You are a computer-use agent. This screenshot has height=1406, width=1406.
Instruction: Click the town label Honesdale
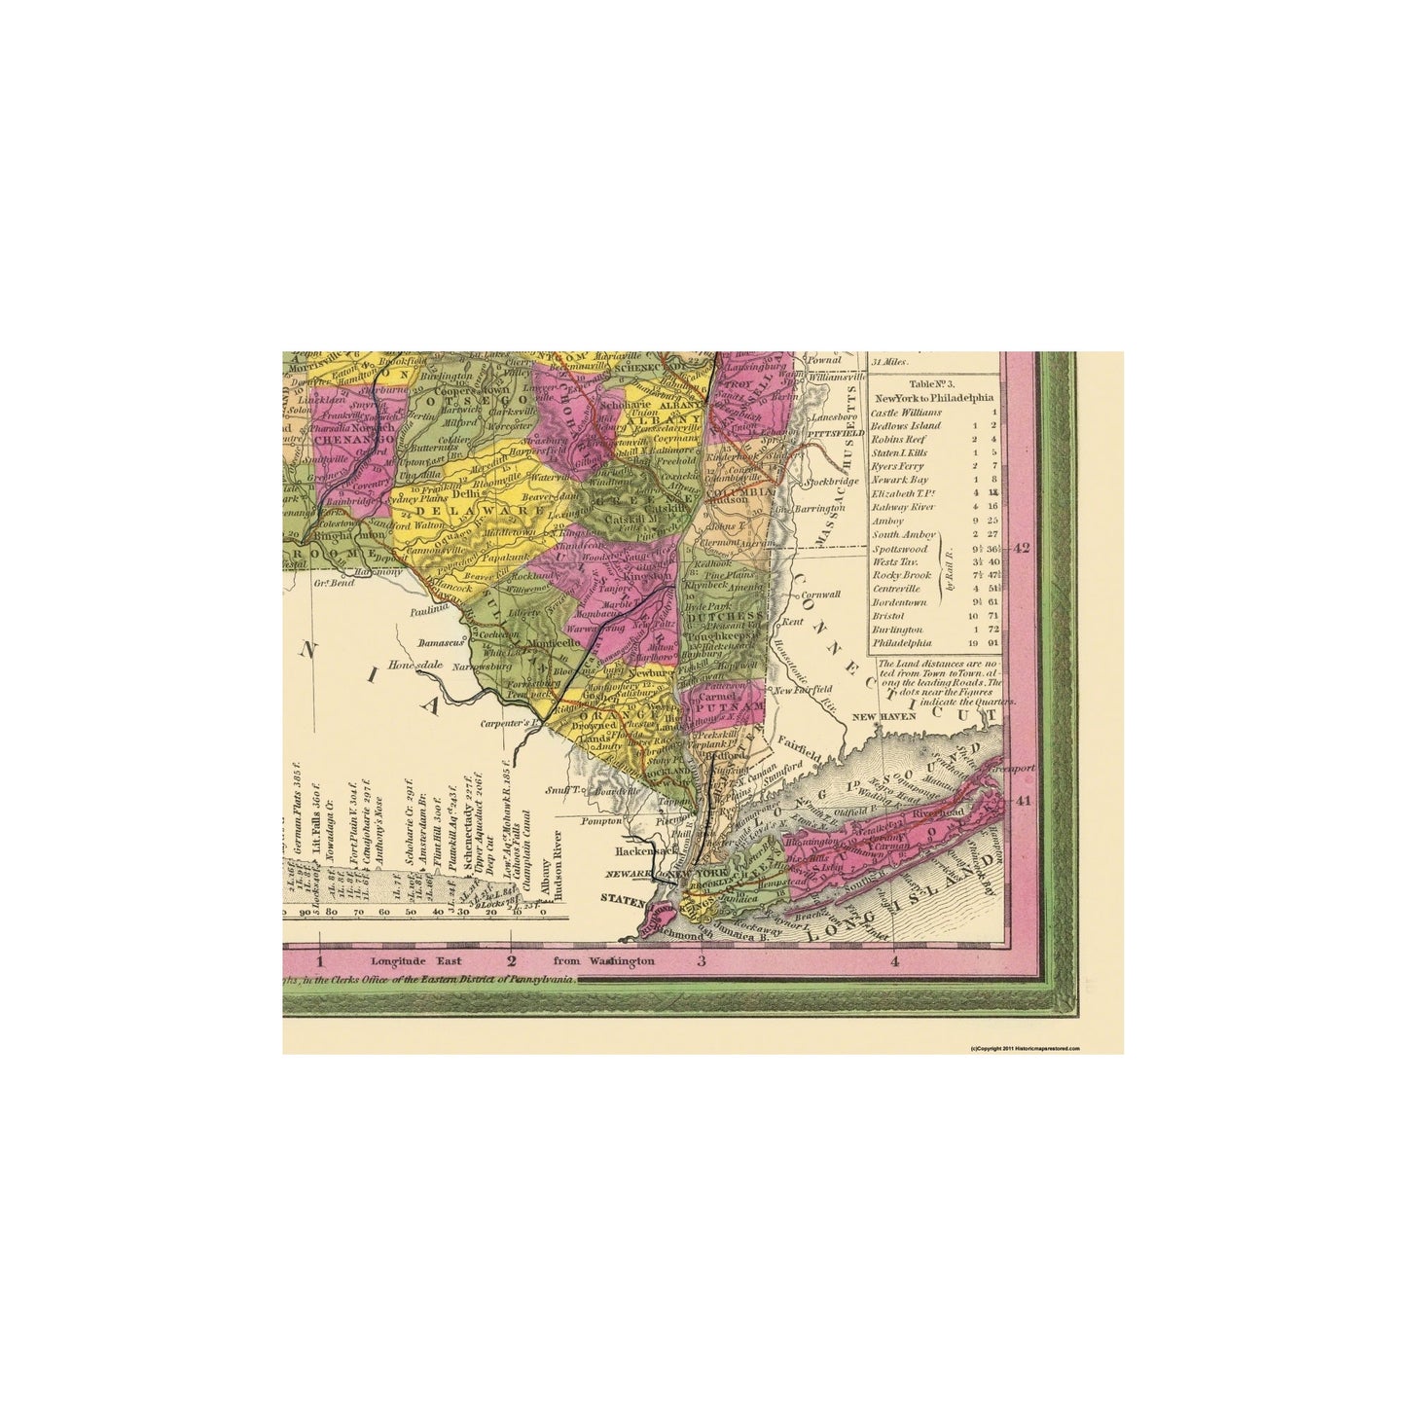[415, 665]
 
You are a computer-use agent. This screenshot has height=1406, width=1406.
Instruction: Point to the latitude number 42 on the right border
[1022, 548]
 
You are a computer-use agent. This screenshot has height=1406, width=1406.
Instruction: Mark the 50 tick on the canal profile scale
[410, 912]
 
